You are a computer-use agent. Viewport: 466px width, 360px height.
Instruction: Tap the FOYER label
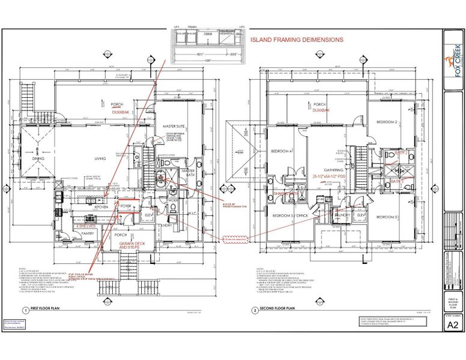126,206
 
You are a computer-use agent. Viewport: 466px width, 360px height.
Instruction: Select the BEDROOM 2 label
387,122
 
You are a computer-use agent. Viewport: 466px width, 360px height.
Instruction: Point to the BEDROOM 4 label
281,151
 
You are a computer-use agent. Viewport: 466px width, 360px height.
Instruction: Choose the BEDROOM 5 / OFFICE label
291,215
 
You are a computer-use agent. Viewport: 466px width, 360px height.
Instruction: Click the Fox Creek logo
453,52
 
